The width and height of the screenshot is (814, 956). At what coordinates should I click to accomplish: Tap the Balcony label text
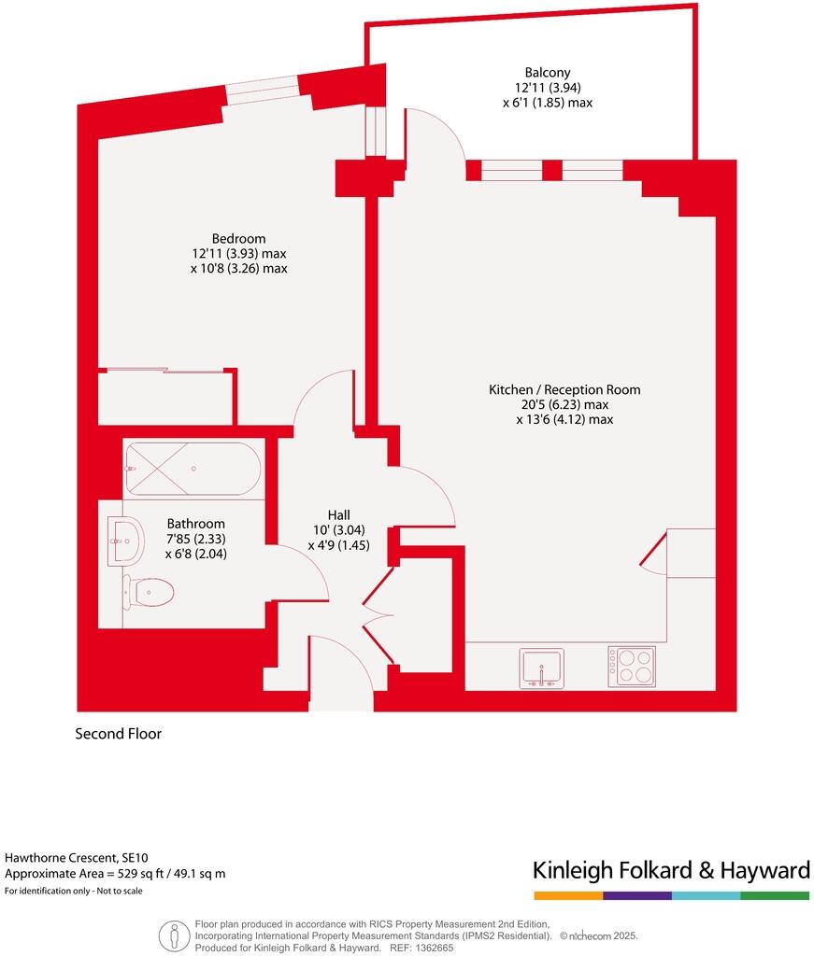tap(547, 72)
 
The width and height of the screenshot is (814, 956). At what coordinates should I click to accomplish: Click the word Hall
tap(338, 514)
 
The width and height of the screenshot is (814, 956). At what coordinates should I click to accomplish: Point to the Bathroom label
tap(195, 524)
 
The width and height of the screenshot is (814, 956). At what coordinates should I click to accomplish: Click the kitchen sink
tap(542, 668)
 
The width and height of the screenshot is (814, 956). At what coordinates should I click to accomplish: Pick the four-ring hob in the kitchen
tap(631, 667)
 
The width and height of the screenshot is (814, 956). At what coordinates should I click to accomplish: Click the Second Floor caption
tap(118, 734)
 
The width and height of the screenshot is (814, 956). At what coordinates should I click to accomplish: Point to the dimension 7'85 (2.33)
tap(195, 539)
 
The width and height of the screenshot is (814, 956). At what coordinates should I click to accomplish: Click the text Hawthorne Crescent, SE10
tap(76, 857)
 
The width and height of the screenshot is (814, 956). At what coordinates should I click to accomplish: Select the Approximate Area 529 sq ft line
tap(115, 874)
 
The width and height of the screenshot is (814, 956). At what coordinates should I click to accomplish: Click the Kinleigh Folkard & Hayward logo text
tap(670, 871)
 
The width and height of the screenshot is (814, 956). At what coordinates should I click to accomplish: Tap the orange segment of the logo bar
tap(567, 895)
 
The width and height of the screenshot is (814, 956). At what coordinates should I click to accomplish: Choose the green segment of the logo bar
tap(775, 895)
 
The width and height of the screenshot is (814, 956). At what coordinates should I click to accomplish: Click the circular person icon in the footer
tap(173, 935)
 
